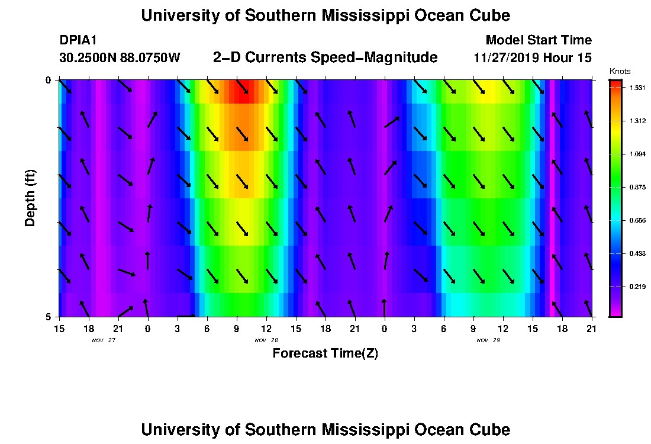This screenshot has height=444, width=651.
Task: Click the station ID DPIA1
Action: [78, 41]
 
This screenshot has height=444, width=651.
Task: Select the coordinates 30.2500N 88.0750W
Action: [120, 58]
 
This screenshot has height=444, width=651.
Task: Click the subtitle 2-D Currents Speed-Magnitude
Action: [325, 57]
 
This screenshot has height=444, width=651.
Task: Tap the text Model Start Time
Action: [538, 40]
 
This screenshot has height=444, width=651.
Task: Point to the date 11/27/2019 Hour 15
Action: [533, 58]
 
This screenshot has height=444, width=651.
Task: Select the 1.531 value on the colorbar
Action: [636, 88]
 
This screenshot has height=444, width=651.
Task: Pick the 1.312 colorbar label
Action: [636, 121]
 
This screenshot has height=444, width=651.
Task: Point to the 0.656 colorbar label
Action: [636, 220]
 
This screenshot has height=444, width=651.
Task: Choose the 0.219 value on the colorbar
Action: [636, 287]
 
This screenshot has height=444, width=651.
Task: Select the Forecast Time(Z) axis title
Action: [325, 353]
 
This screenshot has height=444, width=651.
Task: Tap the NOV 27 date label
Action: [103, 340]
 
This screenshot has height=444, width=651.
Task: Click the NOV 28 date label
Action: [266, 340]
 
